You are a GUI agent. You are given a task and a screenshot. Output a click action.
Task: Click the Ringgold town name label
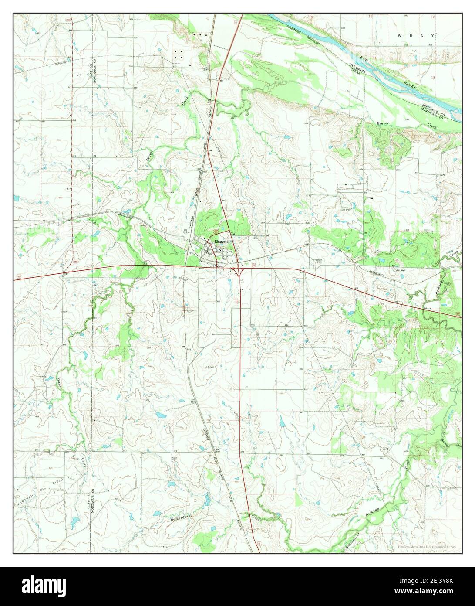[x=220, y=242]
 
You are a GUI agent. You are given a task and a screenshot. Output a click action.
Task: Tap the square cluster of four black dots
[x=179, y=54]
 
